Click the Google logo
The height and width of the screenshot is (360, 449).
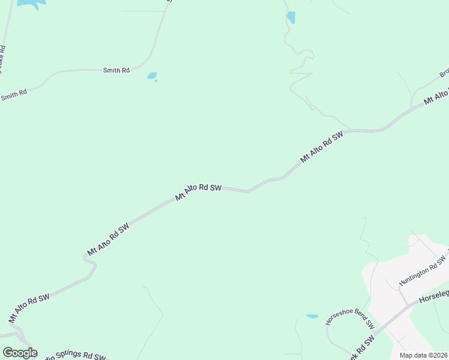pyautogui.click(x=20, y=353)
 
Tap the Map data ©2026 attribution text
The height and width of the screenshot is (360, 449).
pyautogui.click(x=424, y=355)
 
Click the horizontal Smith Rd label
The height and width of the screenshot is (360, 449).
pyautogui.click(x=116, y=70)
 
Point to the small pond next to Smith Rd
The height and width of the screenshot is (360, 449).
pyautogui.click(x=152, y=76)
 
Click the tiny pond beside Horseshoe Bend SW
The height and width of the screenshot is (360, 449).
pyautogui.click(x=312, y=316)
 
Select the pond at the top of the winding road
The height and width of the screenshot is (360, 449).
pyautogui.click(x=291, y=17)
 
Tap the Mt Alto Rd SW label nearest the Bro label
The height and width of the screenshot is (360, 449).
pyautogui.click(x=436, y=97)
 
